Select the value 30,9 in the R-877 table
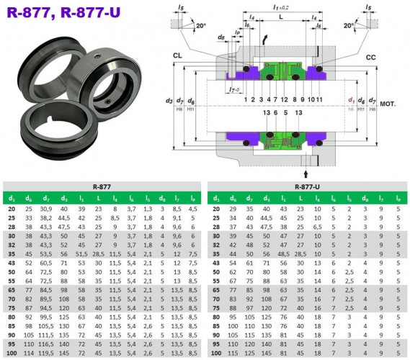click(x=47, y=208)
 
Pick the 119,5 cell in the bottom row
click(x=47, y=354)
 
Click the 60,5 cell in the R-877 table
click(x=47, y=263)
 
